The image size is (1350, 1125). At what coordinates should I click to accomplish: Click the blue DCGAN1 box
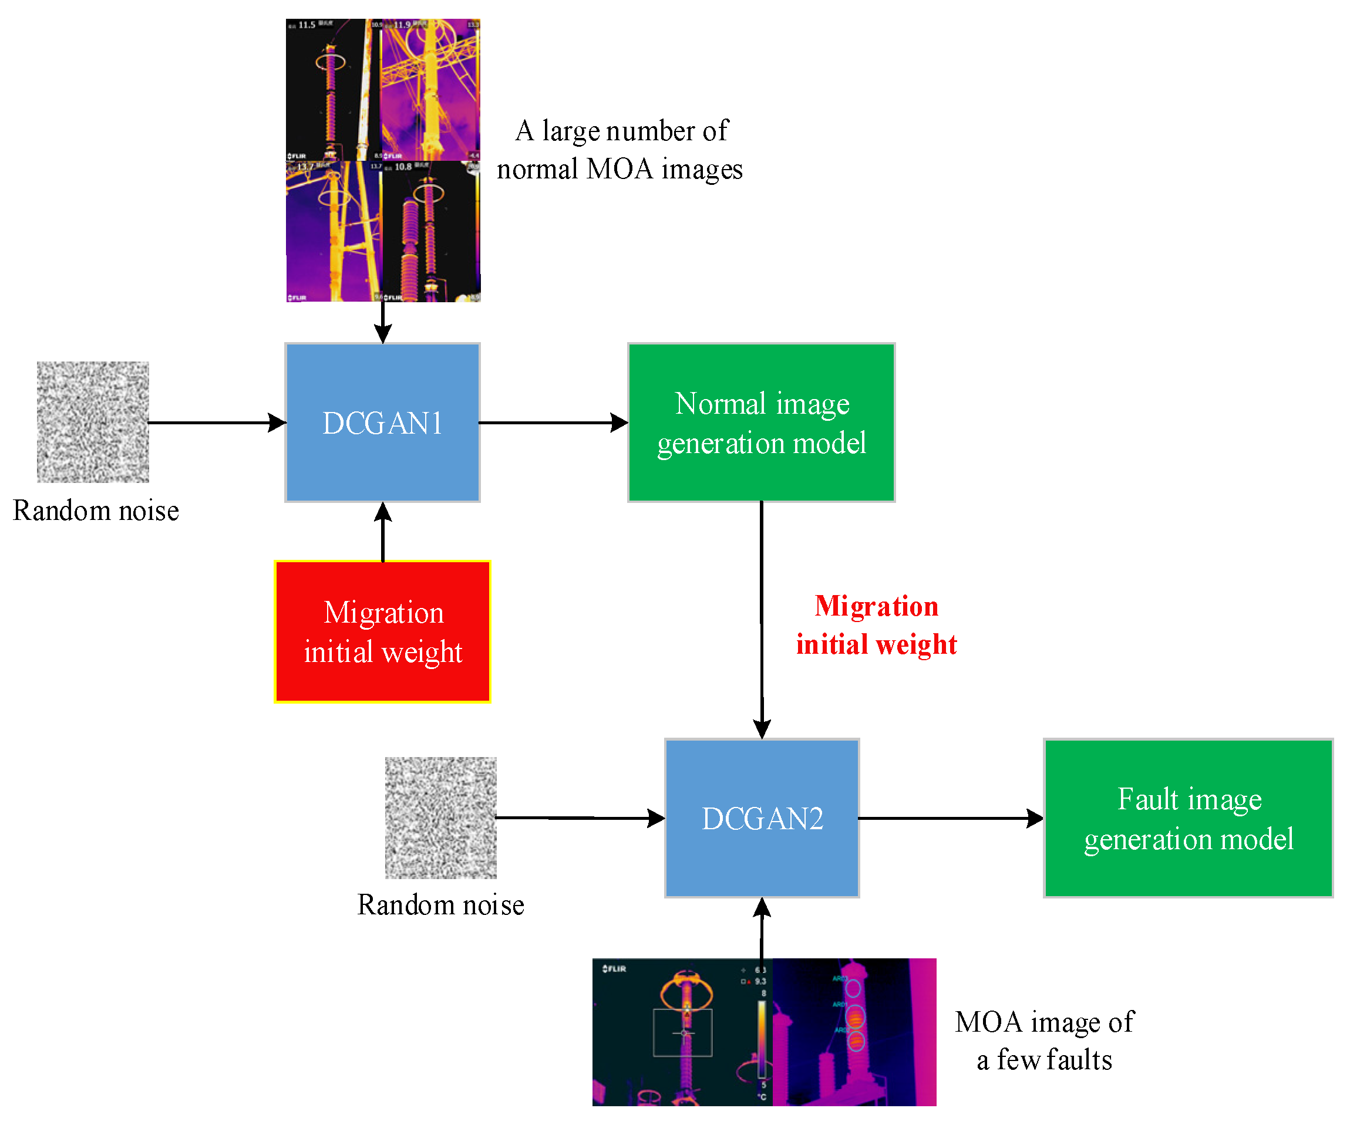[x=382, y=422]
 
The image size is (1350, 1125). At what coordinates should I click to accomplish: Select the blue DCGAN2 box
[x=762, y=818]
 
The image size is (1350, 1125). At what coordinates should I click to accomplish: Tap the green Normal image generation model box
[x=761, y=422]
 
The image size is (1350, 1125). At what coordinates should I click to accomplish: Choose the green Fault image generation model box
[x=1188, y=818]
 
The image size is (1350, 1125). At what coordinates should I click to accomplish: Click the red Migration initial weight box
[x=382, y=631]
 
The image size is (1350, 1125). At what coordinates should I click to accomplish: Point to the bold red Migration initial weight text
[x=876, y=625]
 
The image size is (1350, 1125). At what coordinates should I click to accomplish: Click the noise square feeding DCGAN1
[x=93, y=421]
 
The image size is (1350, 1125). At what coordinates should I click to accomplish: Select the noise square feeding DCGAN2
[x=440, y=817]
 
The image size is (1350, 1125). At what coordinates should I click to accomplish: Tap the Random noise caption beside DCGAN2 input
[x=440, y=904]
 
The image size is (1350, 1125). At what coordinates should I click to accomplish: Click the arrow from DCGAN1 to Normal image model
[x=553, y=423]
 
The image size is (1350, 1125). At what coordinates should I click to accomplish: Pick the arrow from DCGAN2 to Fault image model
[x=950, y=819]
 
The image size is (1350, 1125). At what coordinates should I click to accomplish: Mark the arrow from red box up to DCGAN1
[x=383, y=532]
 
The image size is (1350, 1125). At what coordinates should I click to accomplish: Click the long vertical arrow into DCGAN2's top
[x=762, y=620]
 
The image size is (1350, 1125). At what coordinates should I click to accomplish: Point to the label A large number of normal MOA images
[x=620, y=150]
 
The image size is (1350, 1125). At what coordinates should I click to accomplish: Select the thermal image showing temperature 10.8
[x=430, y=231]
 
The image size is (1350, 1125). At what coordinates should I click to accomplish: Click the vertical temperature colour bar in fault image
[x=761, y=1039]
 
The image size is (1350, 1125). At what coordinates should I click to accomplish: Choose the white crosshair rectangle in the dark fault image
[x=683, y=1032]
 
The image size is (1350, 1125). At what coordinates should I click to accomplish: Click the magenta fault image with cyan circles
[x=854, y=1032]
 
